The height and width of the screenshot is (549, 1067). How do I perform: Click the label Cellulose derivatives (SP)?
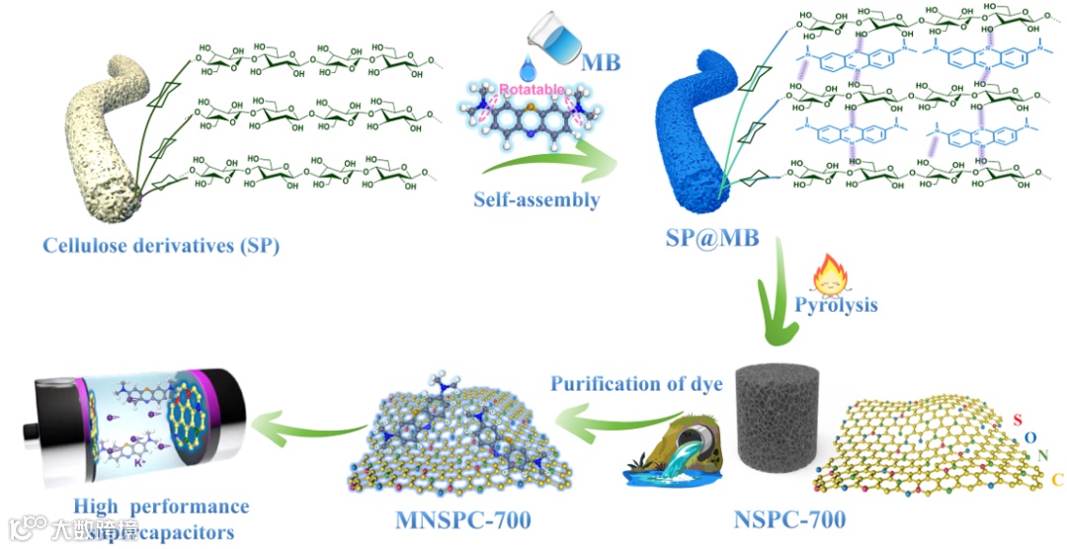tap(160, 245)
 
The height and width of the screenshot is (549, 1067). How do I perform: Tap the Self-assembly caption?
tap(535, 199)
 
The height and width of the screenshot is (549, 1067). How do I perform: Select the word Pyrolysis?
tap(836, 305)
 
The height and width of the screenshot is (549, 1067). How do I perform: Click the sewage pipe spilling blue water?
tap(682, 454)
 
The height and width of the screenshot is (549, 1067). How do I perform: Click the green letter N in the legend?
tap(1044, 456)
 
